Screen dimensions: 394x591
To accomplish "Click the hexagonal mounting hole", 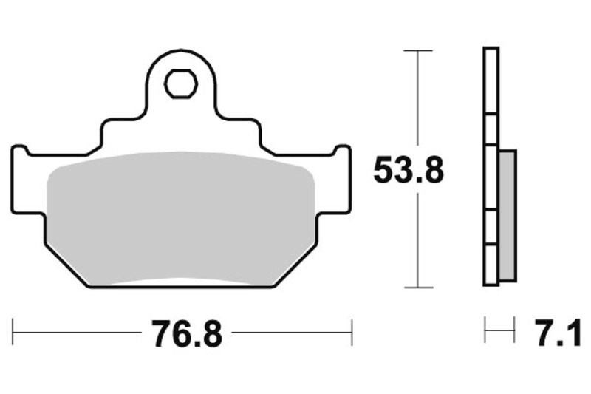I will pyautogui.click(x=180, y=84).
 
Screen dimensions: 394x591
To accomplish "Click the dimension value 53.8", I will pyautogui.click(x=408, y=171).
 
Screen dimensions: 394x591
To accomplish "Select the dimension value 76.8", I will pyautogui.click(x=187, y=334).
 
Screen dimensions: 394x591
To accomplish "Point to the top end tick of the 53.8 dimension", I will pyautogui.click(x=418, y=51).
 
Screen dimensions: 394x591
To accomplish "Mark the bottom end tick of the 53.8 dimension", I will pyautogui.click(x=418, y=287).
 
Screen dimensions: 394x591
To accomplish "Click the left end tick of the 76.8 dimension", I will pyautogui.click(x=13, y=333).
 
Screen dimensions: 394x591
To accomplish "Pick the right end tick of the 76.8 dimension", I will pyautogui.click(x=352, y=333).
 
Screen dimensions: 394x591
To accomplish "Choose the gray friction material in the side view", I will pyautogui.click(x=508, y=215).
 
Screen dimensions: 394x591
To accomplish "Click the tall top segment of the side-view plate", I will pyautogui.click(x=491, y=81).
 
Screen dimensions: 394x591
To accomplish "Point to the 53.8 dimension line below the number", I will pyautogui.click(x=418, y=237).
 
